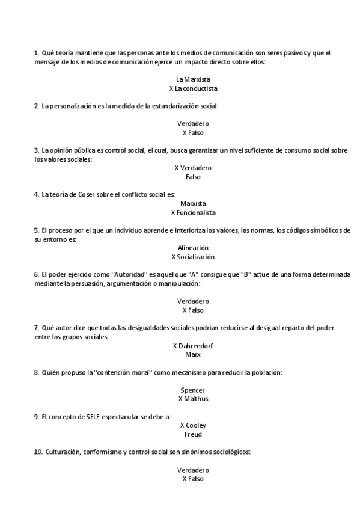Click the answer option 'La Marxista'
pyautogui.click(x=193, y=79)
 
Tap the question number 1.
pyautogui.click(x=36, y=53)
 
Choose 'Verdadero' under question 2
pyautogui.click(x=193, y=123)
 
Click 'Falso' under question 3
pyautogui.click(x=193, y=177)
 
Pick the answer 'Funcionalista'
pyautogui.click(x=195, y=212)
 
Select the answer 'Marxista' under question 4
pyautogui.click(x=193, y=203)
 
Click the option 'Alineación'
pyautogui.click(x=193, y=248)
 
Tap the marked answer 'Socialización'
pyautogui.click(x=195, y=257)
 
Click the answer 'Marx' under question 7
pyautogui.click(x=193, y=355)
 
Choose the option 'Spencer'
pyautogui.click(x=193, y=390)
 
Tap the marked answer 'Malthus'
pyautogui.click(x=196, y=399)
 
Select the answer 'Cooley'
pyautogui.click(x=196, y=425)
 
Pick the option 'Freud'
pyautogui.click(x=193, y=434)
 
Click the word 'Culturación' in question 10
pyautogui.click(x=62, y=452)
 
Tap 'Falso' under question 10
pyautogui.click(x=195, y=479)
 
